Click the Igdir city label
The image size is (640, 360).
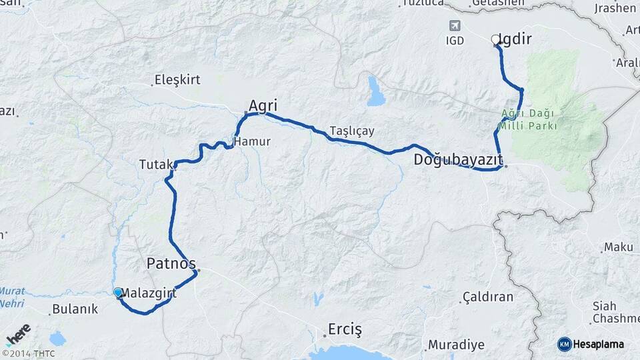[516, 39]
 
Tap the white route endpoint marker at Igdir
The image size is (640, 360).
[495, 40]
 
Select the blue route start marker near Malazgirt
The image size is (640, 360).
[118, 292]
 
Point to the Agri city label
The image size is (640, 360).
[263, 105]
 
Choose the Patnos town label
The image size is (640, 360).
[171, 263]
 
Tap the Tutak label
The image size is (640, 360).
[156, 164]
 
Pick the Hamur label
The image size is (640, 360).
[251, 141]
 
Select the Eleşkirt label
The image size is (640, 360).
[177, 80]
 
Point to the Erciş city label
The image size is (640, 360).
[344, 329]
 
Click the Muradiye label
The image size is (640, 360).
[456, 345]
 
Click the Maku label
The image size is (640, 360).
[618, 247]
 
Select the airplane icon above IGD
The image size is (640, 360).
[455, 26]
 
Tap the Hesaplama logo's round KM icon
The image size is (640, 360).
[564, 344]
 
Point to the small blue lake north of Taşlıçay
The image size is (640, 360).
[376, 93]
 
